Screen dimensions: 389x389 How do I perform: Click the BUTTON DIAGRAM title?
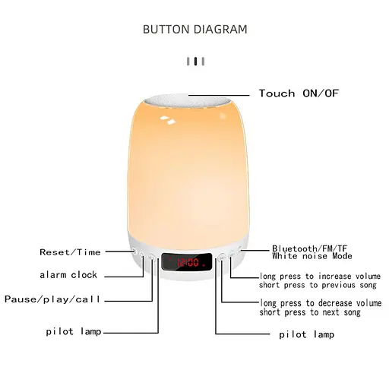click(x=194, y=30)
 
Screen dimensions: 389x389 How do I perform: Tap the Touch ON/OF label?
click(x=298, y=93)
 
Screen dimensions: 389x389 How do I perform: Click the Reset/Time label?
click(x=70, y=251)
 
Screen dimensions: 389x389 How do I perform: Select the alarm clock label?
click(x=68, y=275)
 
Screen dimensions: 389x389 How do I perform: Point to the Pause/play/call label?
click(x=52, y=299)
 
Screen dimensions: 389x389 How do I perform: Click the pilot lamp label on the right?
click(x=306, y=334)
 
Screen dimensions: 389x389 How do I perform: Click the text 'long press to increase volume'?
click(x=320, y=276)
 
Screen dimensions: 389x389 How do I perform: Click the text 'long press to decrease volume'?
click(x=321, y=303)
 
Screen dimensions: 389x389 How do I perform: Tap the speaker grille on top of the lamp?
click(x=194, y=99)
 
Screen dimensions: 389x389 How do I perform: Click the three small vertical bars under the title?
click(x=196, y=61)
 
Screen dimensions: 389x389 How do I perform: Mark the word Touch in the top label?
click(x=277, y=93)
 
